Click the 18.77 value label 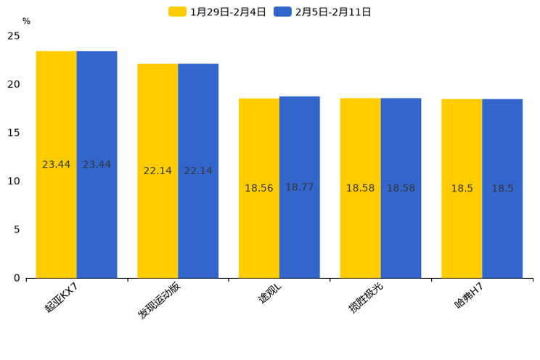click(x=299, y=187)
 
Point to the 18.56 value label click(x=259, y=188)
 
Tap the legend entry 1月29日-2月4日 click(x=218, y=12)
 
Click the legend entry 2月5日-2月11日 click(x=323, y=12)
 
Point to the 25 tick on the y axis click(x=14, y=36)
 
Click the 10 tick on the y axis click(x=14, y=181)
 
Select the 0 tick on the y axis click(x=17, y=278)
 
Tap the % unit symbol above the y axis click(x=26, y=21)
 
